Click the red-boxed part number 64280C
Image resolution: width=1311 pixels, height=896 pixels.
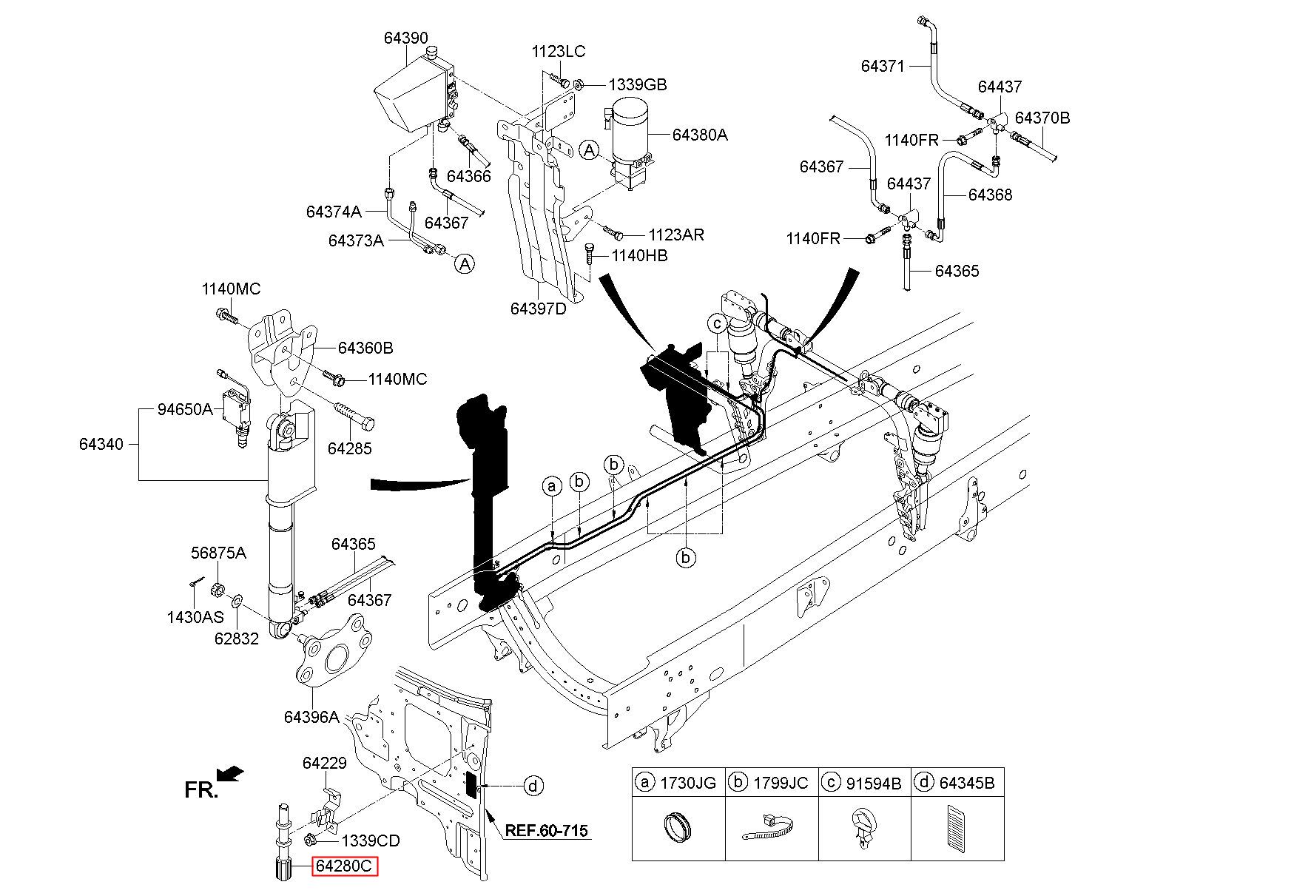(345, 866)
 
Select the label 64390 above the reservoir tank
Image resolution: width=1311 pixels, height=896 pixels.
(405, 38)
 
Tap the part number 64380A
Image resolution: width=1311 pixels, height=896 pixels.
(700, 135)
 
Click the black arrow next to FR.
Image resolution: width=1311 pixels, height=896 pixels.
(232, 773)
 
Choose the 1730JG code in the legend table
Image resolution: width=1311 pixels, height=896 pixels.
(688, 782)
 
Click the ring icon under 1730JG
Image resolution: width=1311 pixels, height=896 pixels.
(678, 826)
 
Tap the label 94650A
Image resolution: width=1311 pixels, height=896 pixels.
(185, 409)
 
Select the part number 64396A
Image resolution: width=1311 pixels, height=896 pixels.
(311, 717)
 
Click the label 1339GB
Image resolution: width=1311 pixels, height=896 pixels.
(638, 85)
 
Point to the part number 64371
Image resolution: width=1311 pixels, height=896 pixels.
(883, 66)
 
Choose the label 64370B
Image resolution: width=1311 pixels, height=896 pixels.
(1042, 118)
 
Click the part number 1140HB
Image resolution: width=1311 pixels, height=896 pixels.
(639, 255)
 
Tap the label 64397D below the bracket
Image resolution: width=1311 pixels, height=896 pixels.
(538, 309)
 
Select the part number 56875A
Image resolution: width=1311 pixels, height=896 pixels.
(218, 553)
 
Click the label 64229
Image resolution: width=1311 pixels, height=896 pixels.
(324, 763)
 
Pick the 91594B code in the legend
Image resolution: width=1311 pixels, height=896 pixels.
(874, 782)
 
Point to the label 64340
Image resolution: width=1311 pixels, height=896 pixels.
(102, 444)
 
